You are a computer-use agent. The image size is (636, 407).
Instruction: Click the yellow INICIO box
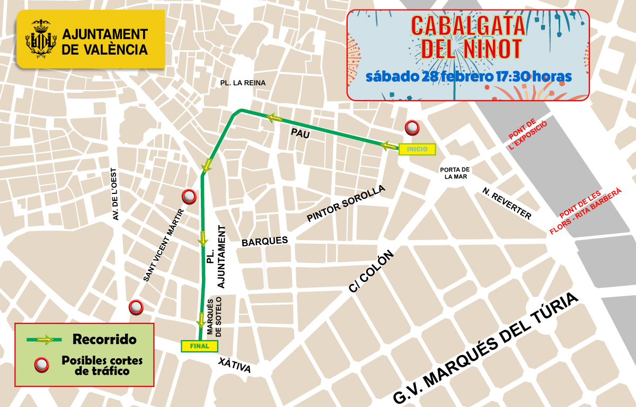(x=417, y=149)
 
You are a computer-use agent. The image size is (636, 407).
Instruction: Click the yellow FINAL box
(x=199, y=346)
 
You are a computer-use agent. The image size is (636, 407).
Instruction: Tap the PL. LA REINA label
(x=243, y=83)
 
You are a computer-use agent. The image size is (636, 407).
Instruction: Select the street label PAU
(x=299, y=135)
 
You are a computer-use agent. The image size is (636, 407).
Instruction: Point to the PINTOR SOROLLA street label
(x=346, y=204)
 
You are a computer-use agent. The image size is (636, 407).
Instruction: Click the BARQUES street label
(x=264, y=241)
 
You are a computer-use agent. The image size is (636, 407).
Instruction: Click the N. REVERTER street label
(x=507, y=203)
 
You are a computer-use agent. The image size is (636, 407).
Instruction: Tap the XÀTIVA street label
(x=234, y=366)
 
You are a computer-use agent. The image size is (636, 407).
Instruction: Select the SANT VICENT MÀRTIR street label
(x=164, y=244)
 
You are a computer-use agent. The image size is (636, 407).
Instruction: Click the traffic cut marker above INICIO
(x=412, y=128)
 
